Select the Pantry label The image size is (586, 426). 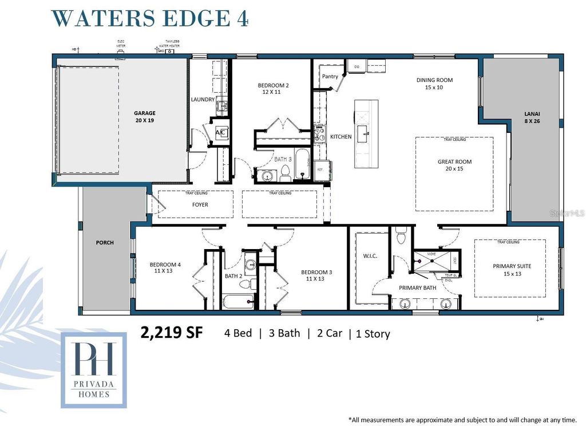pos(330,76)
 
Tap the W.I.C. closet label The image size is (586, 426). pos(370,255)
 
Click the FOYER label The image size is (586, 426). pos(200,204)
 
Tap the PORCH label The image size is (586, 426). pos(105,243)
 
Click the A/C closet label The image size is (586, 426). pos(220,132)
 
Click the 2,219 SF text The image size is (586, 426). pos(172,333)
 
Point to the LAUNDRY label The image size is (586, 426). pos(203,100)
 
